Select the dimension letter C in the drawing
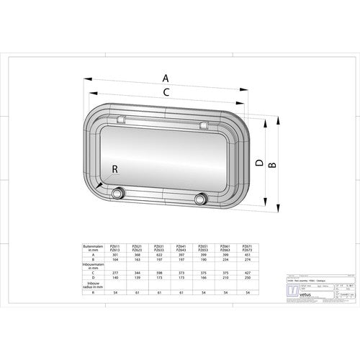pyautogui.click(x=166, y=92)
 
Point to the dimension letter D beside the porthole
pyautogui.click(x=258, y=162)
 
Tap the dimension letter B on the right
pyautogui.click(x=272, y=165)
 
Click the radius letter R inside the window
pyautogui.click(x=117, y=169)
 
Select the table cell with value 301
pyautogui.click(x=115, y=254)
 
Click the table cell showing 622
pyautogui.click(x=158, y=254)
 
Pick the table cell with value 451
pyautogui.click(x=247, y=254)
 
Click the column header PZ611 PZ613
pyautogui.click(x=115, y=247)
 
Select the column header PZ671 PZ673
pyautogui.click(x=247, y=247)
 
